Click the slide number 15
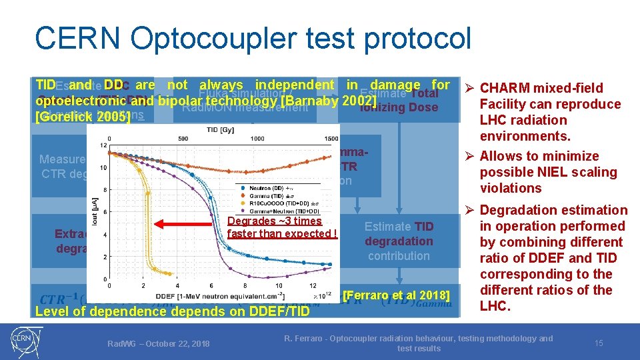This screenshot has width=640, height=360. click(599, 343)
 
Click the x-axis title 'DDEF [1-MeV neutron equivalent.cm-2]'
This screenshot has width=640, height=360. click(207, 296)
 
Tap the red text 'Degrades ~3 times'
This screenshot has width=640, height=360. click(274, 221)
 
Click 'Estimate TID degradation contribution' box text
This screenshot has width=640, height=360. click(399, 241)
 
